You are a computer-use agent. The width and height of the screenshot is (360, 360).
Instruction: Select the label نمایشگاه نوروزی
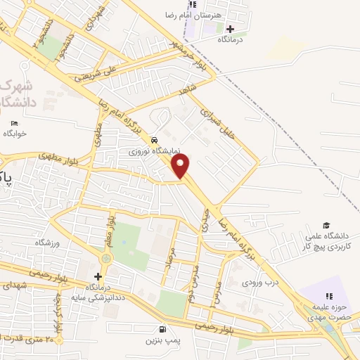159,151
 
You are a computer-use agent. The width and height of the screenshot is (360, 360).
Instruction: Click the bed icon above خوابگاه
13,124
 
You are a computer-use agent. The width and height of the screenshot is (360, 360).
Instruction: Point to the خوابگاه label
15,134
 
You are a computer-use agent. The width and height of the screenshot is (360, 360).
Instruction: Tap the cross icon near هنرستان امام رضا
230,29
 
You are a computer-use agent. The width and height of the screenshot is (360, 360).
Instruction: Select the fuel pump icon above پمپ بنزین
163,329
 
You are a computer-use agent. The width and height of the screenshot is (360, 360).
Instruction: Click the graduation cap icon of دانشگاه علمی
326,225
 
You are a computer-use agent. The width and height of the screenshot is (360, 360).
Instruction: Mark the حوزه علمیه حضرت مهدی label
327,312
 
